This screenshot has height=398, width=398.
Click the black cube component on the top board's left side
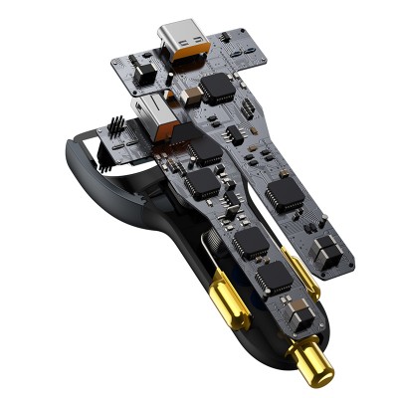coord(138,71)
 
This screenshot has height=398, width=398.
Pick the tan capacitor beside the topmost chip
coord(186,98)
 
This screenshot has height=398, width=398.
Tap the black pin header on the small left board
coord(115,129)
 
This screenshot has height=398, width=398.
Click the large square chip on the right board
coord(286,194)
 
